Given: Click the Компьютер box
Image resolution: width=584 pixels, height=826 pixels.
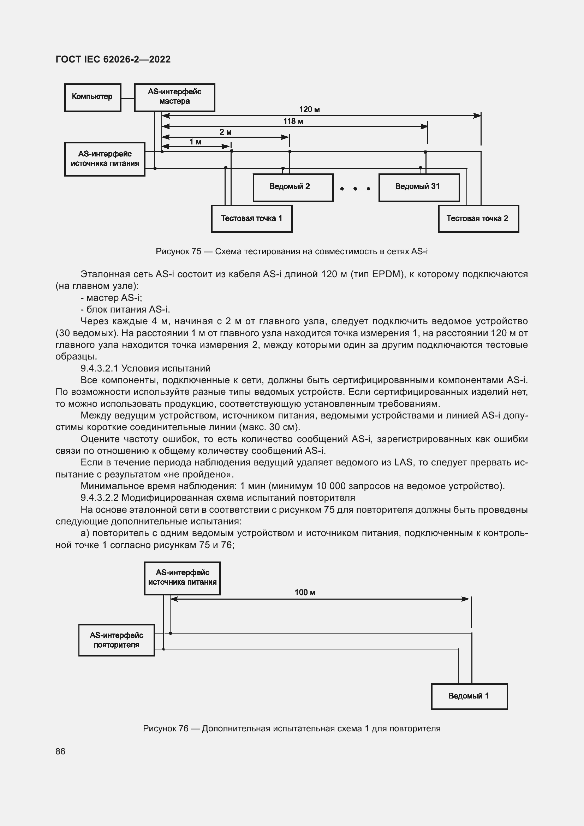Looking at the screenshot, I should [x=93, y=97].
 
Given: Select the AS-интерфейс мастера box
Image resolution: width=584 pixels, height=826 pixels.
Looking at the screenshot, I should [x=174, y=97].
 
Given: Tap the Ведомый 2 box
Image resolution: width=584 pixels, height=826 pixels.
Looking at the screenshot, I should [x=293, y=188].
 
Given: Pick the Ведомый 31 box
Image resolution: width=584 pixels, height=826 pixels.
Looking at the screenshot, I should [x=419, y=188].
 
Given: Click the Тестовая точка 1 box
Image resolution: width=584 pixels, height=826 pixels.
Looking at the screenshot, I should [x=251, y=219].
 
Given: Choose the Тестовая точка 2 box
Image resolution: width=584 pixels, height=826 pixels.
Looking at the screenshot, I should [x=478, y=219].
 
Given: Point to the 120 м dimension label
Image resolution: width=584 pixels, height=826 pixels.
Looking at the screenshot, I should [x=309, y=110].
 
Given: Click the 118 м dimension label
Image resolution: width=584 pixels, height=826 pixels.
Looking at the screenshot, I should [x=293, y=121].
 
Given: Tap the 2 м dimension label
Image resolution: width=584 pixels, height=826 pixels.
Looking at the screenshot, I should [x=226, y=132].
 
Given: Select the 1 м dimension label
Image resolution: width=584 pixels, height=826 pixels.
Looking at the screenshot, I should [x=195, y=142].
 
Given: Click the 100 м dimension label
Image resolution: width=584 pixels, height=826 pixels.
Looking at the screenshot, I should [x=305, y=593].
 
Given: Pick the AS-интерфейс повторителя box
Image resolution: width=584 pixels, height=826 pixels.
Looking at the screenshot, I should [x=117, y=640].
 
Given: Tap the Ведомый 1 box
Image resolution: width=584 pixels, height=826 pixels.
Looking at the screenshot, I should [x=469, y=696].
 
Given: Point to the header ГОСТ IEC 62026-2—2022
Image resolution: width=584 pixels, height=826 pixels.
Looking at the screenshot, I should [x=113, y=59].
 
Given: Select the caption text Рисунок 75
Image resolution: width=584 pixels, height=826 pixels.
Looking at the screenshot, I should [x=178, y=251].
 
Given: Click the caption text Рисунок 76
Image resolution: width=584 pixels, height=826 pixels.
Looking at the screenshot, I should [x=165, y=729].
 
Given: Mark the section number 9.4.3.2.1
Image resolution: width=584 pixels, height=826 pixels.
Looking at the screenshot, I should [x=100, y=368].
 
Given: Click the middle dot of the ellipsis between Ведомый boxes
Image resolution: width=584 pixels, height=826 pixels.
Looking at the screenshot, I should [x=355, y=189].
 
